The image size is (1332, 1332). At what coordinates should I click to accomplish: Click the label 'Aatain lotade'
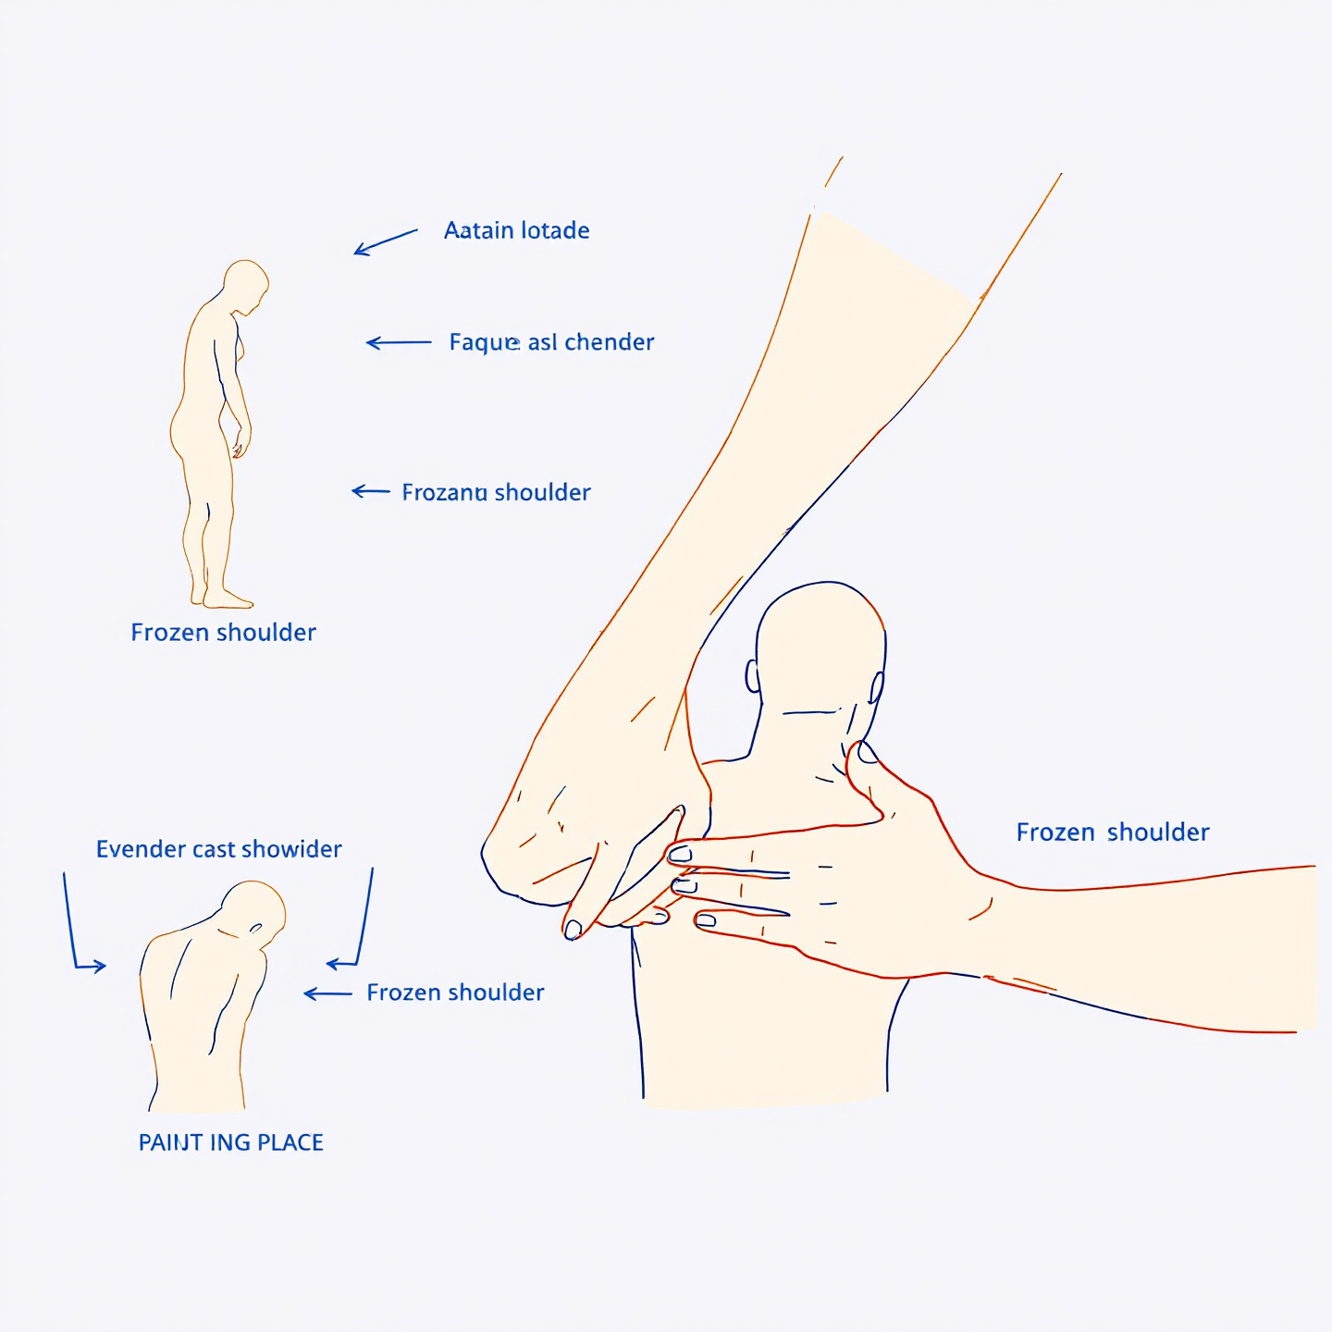pyautogui.click(x=516, y=230)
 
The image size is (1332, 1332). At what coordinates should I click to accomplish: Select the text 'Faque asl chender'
pyautogui.click(x=551, y=342)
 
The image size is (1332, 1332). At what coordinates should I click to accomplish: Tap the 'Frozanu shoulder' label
pyautogui.click(x=496, y=492)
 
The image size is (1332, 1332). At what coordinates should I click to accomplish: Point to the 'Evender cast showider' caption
pyautogui.click(x=219, y=849)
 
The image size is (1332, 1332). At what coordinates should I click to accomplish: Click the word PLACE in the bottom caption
pyautogui.click(x=290, y=1143)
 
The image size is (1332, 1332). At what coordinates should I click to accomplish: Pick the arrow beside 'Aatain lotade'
pyautogui.click(x=386, y=241)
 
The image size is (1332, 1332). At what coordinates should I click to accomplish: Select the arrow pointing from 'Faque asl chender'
pyautogui.click(x=399, y=342)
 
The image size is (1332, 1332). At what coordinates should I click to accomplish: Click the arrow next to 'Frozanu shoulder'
pyautogui.click(x=371, y=491)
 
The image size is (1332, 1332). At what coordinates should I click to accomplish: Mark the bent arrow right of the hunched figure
pyautogui.click(x=356, y=925)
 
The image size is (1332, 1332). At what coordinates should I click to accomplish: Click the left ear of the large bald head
pyautogui.click(x=753, y=676)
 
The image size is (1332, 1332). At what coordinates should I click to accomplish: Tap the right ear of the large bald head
pyautogui.click(x=876, y=686)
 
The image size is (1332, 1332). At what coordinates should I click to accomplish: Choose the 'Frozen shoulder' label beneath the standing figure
pyautogui.click(x=223, y=633)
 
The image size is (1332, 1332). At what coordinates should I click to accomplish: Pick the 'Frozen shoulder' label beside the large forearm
pyautogui.click(x=1112, y=832)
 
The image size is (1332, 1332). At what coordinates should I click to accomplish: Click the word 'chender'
pyautogui.click(x=609, y=342)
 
